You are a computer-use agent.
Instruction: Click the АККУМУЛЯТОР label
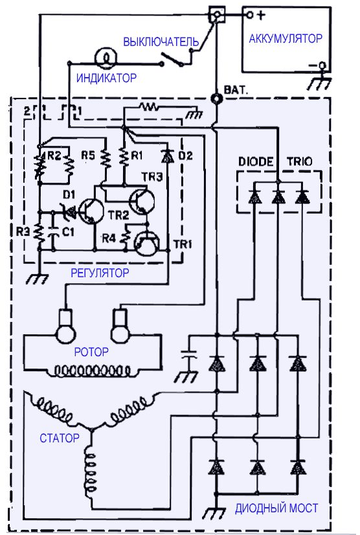coord(286,39)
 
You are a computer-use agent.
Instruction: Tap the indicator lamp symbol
coord(106,57)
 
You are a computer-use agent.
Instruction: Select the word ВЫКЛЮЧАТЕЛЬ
coord(161,41)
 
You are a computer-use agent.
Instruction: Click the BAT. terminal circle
coord(216,99)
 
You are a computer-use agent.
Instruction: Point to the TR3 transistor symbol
coord(142,201)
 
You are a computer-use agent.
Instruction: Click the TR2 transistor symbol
coord(91,211)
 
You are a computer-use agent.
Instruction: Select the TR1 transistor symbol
coord(147,244)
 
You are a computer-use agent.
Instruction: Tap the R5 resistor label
coord(87,155)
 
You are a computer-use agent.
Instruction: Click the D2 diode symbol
coord(167,157)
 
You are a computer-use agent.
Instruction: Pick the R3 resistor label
coord(23,232)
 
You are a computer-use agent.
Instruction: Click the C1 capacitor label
coord(68,232)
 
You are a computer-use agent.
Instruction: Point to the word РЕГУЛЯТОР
coord(100,273)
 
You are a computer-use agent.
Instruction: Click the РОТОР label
coord(91,352)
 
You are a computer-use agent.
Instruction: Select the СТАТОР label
coord(60,438)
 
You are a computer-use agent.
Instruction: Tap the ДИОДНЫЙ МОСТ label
coord(276,508)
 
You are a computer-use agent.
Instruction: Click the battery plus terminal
coord(250,15)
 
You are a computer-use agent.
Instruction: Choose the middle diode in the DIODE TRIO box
coord(278,197)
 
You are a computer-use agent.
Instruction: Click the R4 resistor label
coord(109,238)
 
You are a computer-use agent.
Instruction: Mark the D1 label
coord(69,194)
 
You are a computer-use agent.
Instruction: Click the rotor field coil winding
coord(93,371)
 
